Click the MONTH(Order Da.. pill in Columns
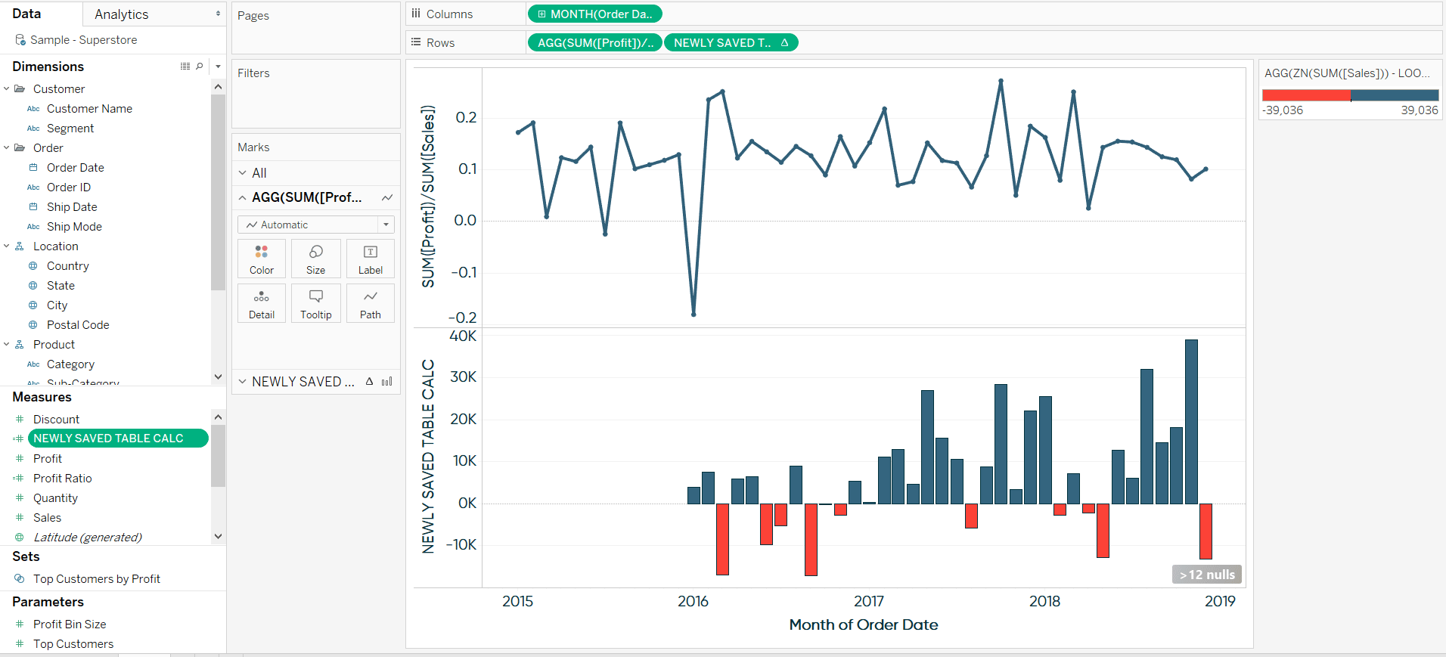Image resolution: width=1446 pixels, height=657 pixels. tap(594, 14)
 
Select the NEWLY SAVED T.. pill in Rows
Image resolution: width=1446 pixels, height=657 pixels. tap(730, 42)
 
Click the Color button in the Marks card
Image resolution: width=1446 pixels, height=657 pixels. tap(262, 259)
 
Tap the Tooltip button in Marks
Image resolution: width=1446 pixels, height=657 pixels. tap(316, 304)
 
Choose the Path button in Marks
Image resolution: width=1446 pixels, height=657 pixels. tap(371, 304)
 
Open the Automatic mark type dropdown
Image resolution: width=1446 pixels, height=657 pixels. tap(316, 225)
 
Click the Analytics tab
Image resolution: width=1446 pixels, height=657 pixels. tap(122, 14)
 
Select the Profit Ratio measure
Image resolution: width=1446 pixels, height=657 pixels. tap(62, 479)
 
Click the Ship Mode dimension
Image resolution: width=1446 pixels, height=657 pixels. tap(74, 227)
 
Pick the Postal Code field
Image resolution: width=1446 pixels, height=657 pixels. tap(78, 325)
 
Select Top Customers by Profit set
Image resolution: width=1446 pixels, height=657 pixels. tap(96, 579)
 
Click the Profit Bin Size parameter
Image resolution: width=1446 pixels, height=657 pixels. tap(70, 624)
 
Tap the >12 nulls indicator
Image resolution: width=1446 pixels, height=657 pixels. tap(1207, 575)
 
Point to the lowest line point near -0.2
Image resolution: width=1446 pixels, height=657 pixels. tap(694, 314)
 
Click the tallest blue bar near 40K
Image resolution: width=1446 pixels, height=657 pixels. tap(1191, 420)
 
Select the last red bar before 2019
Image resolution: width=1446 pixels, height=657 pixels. tap(1206, 531)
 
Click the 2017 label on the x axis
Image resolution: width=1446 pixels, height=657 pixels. tap(868, 601)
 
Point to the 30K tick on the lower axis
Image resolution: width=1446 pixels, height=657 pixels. tap(463, 377)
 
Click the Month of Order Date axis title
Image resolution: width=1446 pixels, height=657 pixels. tap(863, 624)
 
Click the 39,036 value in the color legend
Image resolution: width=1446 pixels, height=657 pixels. tap(1419, 110)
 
